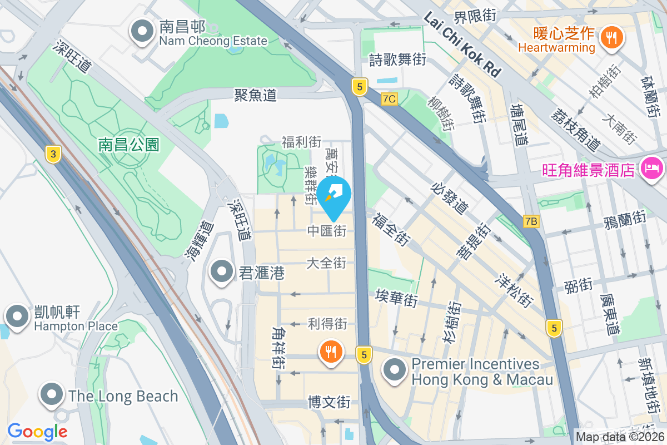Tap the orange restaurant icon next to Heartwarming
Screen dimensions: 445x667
[612, 38]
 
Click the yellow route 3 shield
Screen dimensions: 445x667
[53, 154]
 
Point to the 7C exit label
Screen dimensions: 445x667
[390, 99]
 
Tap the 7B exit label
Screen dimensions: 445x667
[531, 221]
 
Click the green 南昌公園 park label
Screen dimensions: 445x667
[129, 145]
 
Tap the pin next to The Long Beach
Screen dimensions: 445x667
[53, 394]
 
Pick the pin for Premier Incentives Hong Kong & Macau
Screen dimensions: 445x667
[395, 370]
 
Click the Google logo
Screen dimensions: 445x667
[37, 431]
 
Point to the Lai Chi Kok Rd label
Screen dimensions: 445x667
[462, 45]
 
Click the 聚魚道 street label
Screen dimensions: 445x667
[255, 96]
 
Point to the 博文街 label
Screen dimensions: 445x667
[329, 402]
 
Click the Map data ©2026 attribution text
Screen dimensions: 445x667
[620, 437]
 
